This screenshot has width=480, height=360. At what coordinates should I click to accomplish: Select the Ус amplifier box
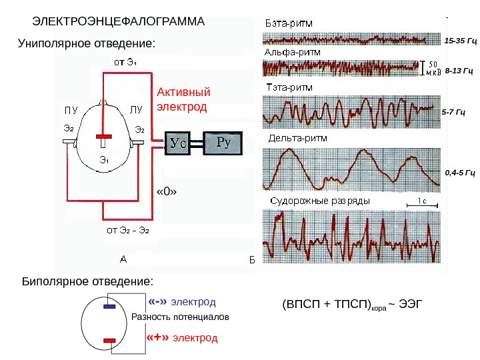[x=177, y=143]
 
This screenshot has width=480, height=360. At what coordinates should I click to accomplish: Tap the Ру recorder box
[x=223, y=142]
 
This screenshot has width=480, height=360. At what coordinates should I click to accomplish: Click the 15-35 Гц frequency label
[x=460, y=41]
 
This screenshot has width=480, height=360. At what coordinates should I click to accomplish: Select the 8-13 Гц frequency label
[x=459, y=69]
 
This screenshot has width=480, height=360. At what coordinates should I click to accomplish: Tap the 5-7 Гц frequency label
[x=457, y=114]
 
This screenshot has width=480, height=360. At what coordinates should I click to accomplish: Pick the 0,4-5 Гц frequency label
[x=459, y=173]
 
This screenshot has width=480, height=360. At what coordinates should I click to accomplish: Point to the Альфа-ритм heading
[x=293, y=51]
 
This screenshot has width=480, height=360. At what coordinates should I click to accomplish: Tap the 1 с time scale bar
[x=419, y=205]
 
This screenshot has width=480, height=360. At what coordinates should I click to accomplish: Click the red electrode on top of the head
[x=104, y=137]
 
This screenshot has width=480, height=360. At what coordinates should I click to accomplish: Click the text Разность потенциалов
[x=180, y=318]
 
